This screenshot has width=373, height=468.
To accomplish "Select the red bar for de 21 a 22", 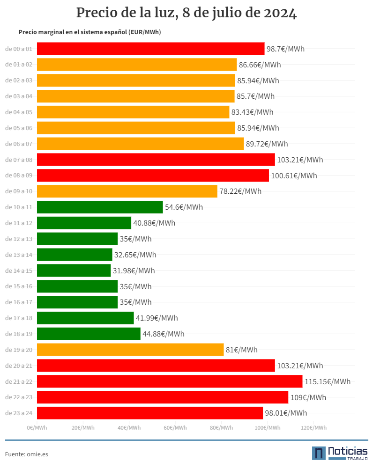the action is point(170,381).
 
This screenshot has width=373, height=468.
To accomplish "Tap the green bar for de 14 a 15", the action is point(74,271).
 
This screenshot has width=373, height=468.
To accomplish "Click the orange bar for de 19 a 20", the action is point(130,350).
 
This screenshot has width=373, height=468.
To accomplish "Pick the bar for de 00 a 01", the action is point(150,49).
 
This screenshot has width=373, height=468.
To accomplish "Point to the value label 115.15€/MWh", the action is point(328,382).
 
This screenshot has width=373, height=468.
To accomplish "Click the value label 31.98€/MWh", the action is point(134,271).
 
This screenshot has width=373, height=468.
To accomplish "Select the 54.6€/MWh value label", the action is point(184,207).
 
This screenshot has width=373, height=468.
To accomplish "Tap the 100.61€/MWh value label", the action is point(294,176).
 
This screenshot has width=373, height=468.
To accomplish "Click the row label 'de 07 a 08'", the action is point(19,160).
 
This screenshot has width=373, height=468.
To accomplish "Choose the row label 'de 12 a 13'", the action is point(19,239).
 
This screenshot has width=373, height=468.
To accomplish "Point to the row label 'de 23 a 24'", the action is point(19,413).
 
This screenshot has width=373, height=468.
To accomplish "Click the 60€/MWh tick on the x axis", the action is point(175,428).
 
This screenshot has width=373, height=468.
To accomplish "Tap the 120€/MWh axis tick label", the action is point(313,428).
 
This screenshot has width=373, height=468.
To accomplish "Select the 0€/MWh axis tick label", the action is point(37,428).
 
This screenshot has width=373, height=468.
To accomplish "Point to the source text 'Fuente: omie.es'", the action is point(27,454).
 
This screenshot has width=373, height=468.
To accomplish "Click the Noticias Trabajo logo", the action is point(340,453).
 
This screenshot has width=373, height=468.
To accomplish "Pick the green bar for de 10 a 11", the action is point(100,207).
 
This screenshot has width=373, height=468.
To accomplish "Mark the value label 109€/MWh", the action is point(308,397).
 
